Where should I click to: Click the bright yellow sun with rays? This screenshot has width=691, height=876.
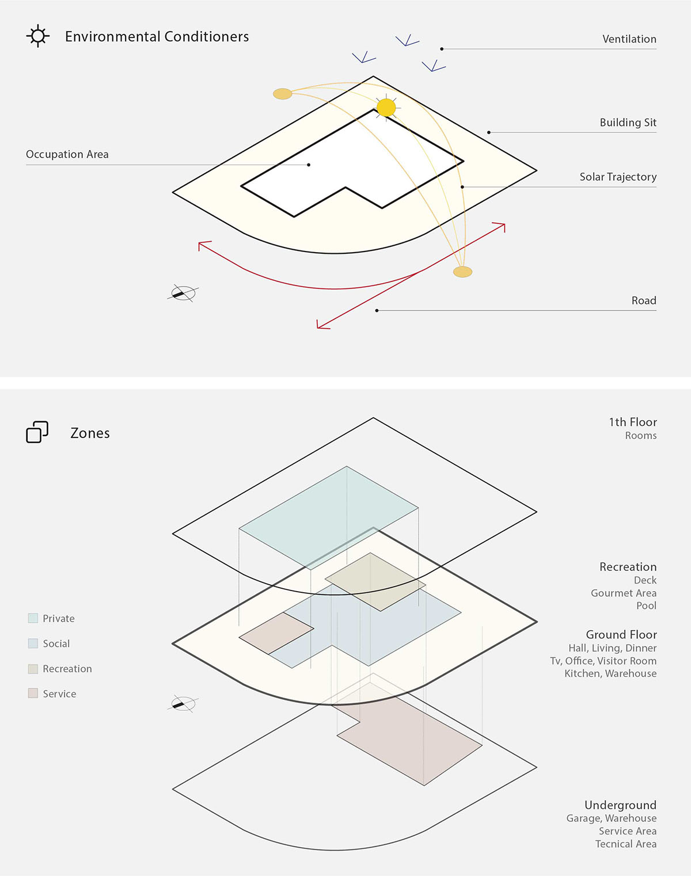(386, 108)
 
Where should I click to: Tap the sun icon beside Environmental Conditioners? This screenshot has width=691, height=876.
(38, 36)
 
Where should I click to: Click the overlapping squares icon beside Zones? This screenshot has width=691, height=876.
(37, 432)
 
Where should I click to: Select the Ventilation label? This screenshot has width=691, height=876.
(629, 39)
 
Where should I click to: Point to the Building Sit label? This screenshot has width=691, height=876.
(628, 123)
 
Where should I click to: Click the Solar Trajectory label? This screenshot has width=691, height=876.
(618, 177)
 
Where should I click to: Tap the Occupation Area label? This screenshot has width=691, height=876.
(67, 154)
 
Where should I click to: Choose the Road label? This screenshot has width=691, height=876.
(644, 300)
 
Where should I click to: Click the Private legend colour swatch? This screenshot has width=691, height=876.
(33, 618)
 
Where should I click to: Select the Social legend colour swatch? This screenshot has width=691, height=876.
(33, 643)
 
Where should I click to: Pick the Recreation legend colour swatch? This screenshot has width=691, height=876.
(33, 669)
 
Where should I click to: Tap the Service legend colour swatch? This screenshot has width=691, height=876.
(33, 693)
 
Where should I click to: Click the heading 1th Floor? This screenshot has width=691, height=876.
(633, 422)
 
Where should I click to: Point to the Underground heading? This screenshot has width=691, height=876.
(621, 805)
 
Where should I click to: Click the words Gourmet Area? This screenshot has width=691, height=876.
(624, 593)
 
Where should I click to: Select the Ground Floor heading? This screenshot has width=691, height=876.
(621, 635)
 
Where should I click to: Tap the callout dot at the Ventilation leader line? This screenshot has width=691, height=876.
(442, 49)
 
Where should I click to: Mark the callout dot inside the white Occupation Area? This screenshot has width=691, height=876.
(309, 165)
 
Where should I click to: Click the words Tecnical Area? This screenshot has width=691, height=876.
(626, 844)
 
